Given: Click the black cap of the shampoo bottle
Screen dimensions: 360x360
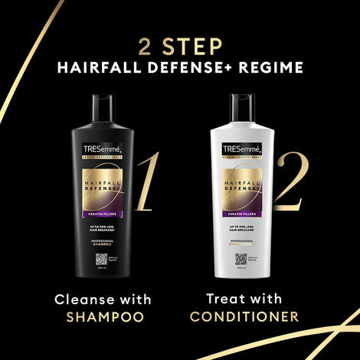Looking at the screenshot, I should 104,103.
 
